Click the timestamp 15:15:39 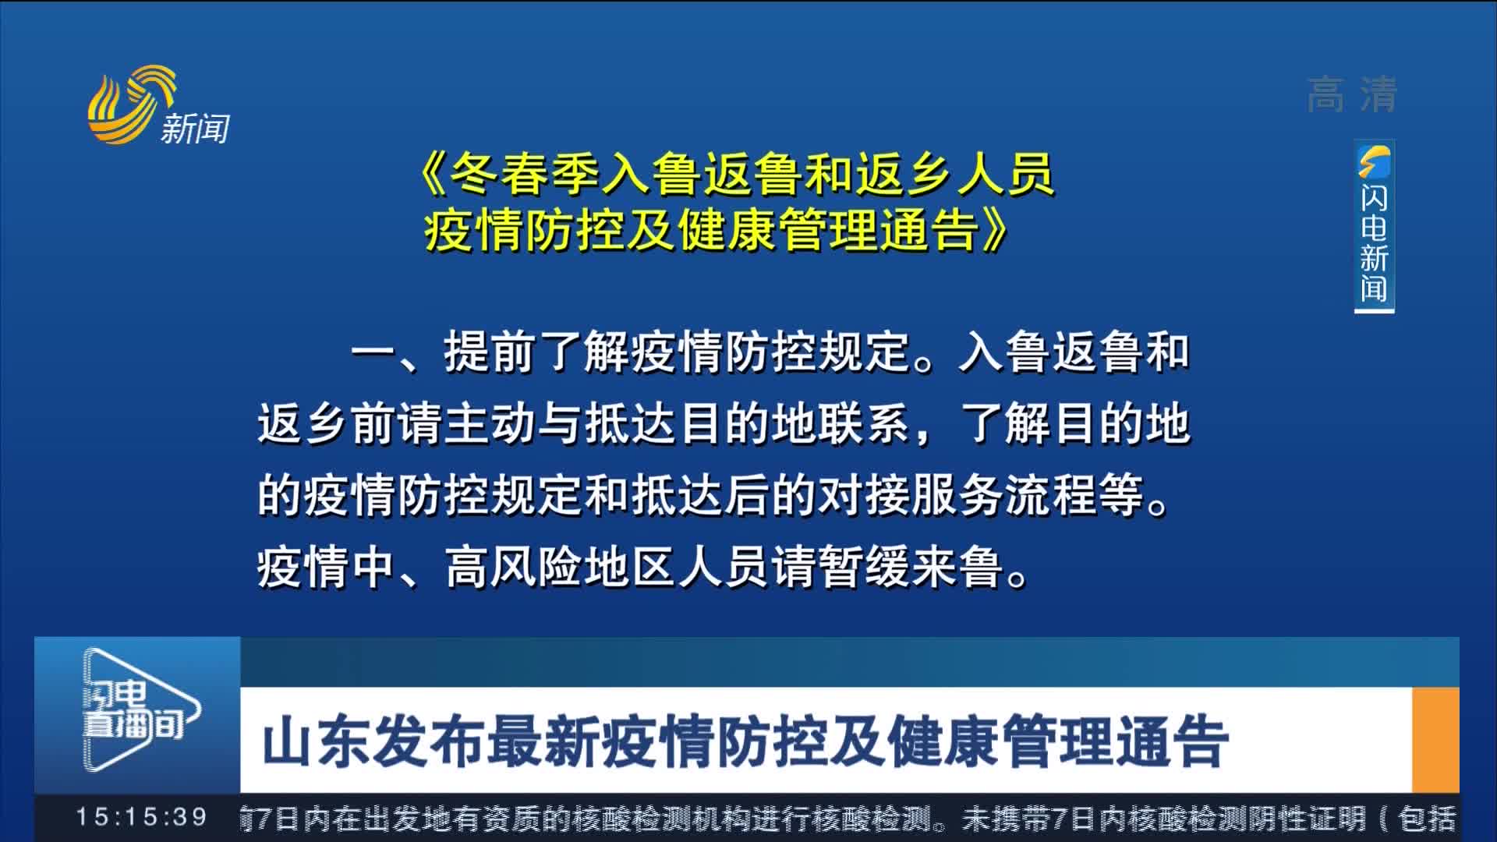(141, 817)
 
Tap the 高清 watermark (1351, 95)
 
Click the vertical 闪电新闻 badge (1374, 226)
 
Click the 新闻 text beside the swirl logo (195, 128)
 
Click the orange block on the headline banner (1435, 739)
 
